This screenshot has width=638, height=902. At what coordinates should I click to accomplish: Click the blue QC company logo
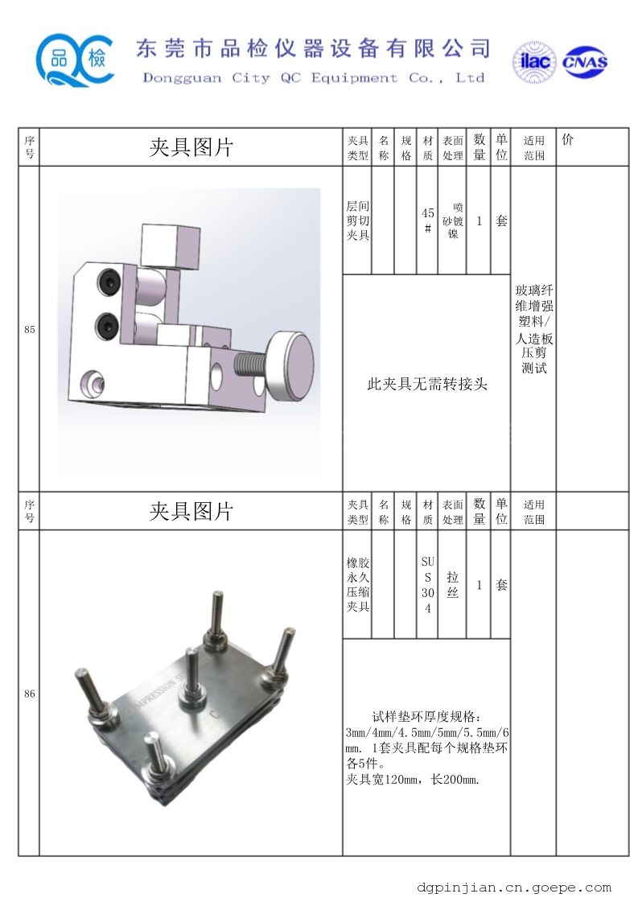pos(74,60)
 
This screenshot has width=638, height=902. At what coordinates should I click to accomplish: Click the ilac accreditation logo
pos(534,61)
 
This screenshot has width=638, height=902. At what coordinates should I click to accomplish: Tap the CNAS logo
pos(584,62)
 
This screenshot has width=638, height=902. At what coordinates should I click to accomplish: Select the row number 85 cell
pos(29,330)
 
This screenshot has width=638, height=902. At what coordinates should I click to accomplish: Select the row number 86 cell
pos(29,694)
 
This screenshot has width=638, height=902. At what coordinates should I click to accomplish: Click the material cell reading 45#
pos(427,220)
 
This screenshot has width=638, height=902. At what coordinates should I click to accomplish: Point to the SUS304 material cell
pos(427,584)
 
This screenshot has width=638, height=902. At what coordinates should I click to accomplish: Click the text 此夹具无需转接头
pos(427,384)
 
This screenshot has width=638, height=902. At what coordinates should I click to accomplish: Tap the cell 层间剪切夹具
pos(357,220)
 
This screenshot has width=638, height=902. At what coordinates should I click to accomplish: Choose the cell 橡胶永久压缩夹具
pos(357,584)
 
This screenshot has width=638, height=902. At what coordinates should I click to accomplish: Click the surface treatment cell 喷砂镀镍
pos(453,220)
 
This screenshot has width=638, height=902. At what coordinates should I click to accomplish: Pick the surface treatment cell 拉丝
pos(453,584)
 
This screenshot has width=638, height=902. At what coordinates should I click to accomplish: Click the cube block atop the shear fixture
pos(171,246)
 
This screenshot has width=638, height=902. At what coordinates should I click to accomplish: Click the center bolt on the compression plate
pos(191,679)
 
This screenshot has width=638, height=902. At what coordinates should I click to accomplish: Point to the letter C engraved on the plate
pos(215,715)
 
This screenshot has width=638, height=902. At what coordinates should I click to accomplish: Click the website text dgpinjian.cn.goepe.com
pos(514,888)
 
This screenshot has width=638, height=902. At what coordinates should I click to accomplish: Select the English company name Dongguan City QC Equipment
pos(270,78)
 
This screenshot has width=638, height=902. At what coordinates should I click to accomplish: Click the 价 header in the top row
pos(568,140)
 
